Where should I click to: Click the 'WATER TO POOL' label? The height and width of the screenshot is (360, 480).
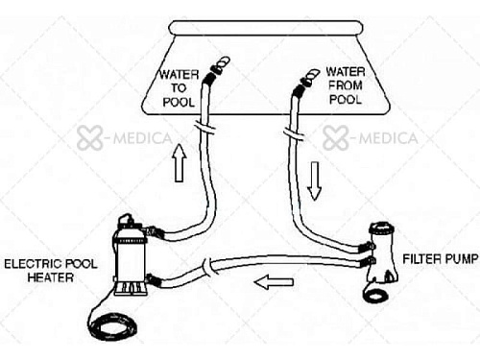(x=179, y=88)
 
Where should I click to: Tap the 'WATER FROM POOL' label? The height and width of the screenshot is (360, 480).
(x=346, y=85)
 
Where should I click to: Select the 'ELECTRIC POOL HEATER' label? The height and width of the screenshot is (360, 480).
(x=50, y=271)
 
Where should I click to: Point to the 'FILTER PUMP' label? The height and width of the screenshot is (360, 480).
(x=441, y=258)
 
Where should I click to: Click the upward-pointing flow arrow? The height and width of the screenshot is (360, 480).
(x=179, y=163)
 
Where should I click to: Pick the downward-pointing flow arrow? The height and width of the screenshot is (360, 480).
(x=314, y=181)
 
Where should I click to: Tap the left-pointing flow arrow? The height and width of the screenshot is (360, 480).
(x=274, y=282)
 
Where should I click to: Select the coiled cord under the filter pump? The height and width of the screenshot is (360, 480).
(x=376, y=295)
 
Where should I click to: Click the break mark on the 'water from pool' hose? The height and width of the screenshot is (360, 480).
(x=294, y=133)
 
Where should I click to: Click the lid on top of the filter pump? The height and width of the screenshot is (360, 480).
(x=382, y=228)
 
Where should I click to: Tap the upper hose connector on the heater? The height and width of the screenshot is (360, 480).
(x=153, y=231)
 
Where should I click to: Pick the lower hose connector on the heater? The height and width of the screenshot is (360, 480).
(x=154, y=280)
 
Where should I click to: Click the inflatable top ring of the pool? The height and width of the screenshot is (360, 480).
(x=266, y=28)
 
